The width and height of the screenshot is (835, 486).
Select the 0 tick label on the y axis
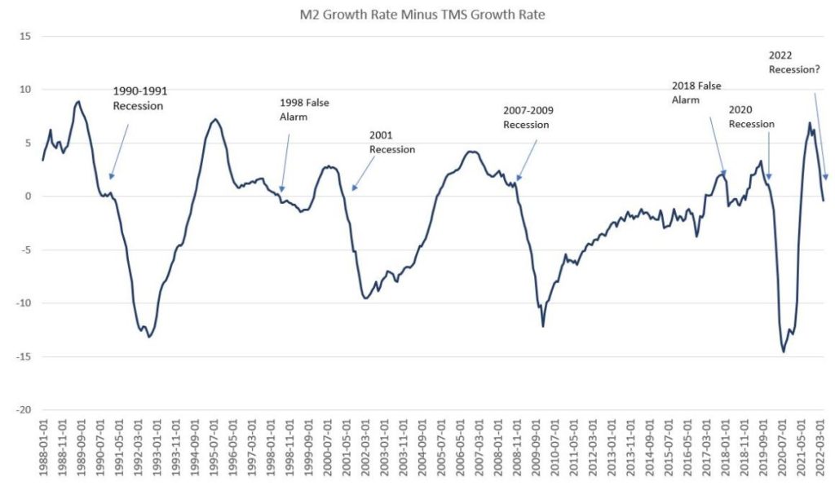coord(28,196)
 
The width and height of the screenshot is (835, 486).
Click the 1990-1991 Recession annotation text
coord(139,99)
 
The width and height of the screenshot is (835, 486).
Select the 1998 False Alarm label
coord(304,108)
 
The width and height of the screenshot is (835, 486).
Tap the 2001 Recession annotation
coord(392,143)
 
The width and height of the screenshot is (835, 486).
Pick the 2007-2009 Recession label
coord(526,118)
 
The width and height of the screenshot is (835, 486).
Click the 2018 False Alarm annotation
coord(696,92)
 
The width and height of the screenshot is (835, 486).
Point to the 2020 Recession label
coord(751,117)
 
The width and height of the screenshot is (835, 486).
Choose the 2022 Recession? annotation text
coord(794,63)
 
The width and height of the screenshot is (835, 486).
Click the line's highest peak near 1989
coord(77,102)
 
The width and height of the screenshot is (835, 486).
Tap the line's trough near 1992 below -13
coord(148,337)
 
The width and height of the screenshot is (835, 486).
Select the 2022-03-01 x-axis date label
coord(822,447)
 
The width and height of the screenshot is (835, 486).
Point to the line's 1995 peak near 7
coord(214,120)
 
